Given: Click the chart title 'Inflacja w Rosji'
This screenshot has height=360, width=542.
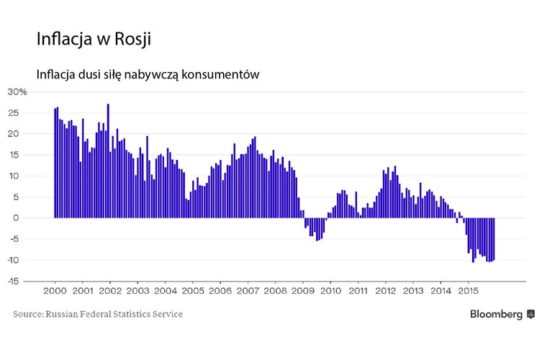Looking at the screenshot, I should click(94, 39).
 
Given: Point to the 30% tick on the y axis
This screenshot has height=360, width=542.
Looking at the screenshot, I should click(17, 91).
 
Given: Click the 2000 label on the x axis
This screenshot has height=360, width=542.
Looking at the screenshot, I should click(55, 292).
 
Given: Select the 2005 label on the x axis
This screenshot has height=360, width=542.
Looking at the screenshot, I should click(192, 292).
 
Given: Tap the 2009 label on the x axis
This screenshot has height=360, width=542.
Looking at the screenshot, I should click(303, 292).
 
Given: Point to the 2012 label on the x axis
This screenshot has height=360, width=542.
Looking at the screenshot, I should click(386, 292).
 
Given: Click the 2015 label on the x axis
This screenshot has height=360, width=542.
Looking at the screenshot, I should click(469, 292).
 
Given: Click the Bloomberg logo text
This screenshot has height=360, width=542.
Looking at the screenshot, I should click(497, 315).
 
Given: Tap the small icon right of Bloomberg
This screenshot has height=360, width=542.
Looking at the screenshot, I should click(531, 315).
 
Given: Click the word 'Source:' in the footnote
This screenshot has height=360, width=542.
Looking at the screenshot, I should click(28, 315).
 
